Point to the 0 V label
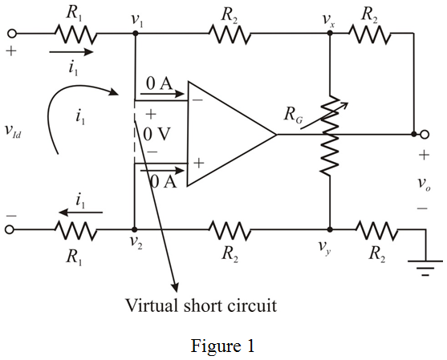(156, 134)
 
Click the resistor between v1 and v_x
(230, 34)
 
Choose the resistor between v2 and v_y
(230, 229)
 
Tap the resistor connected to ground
(376, 229)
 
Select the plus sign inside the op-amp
(197, 164)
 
